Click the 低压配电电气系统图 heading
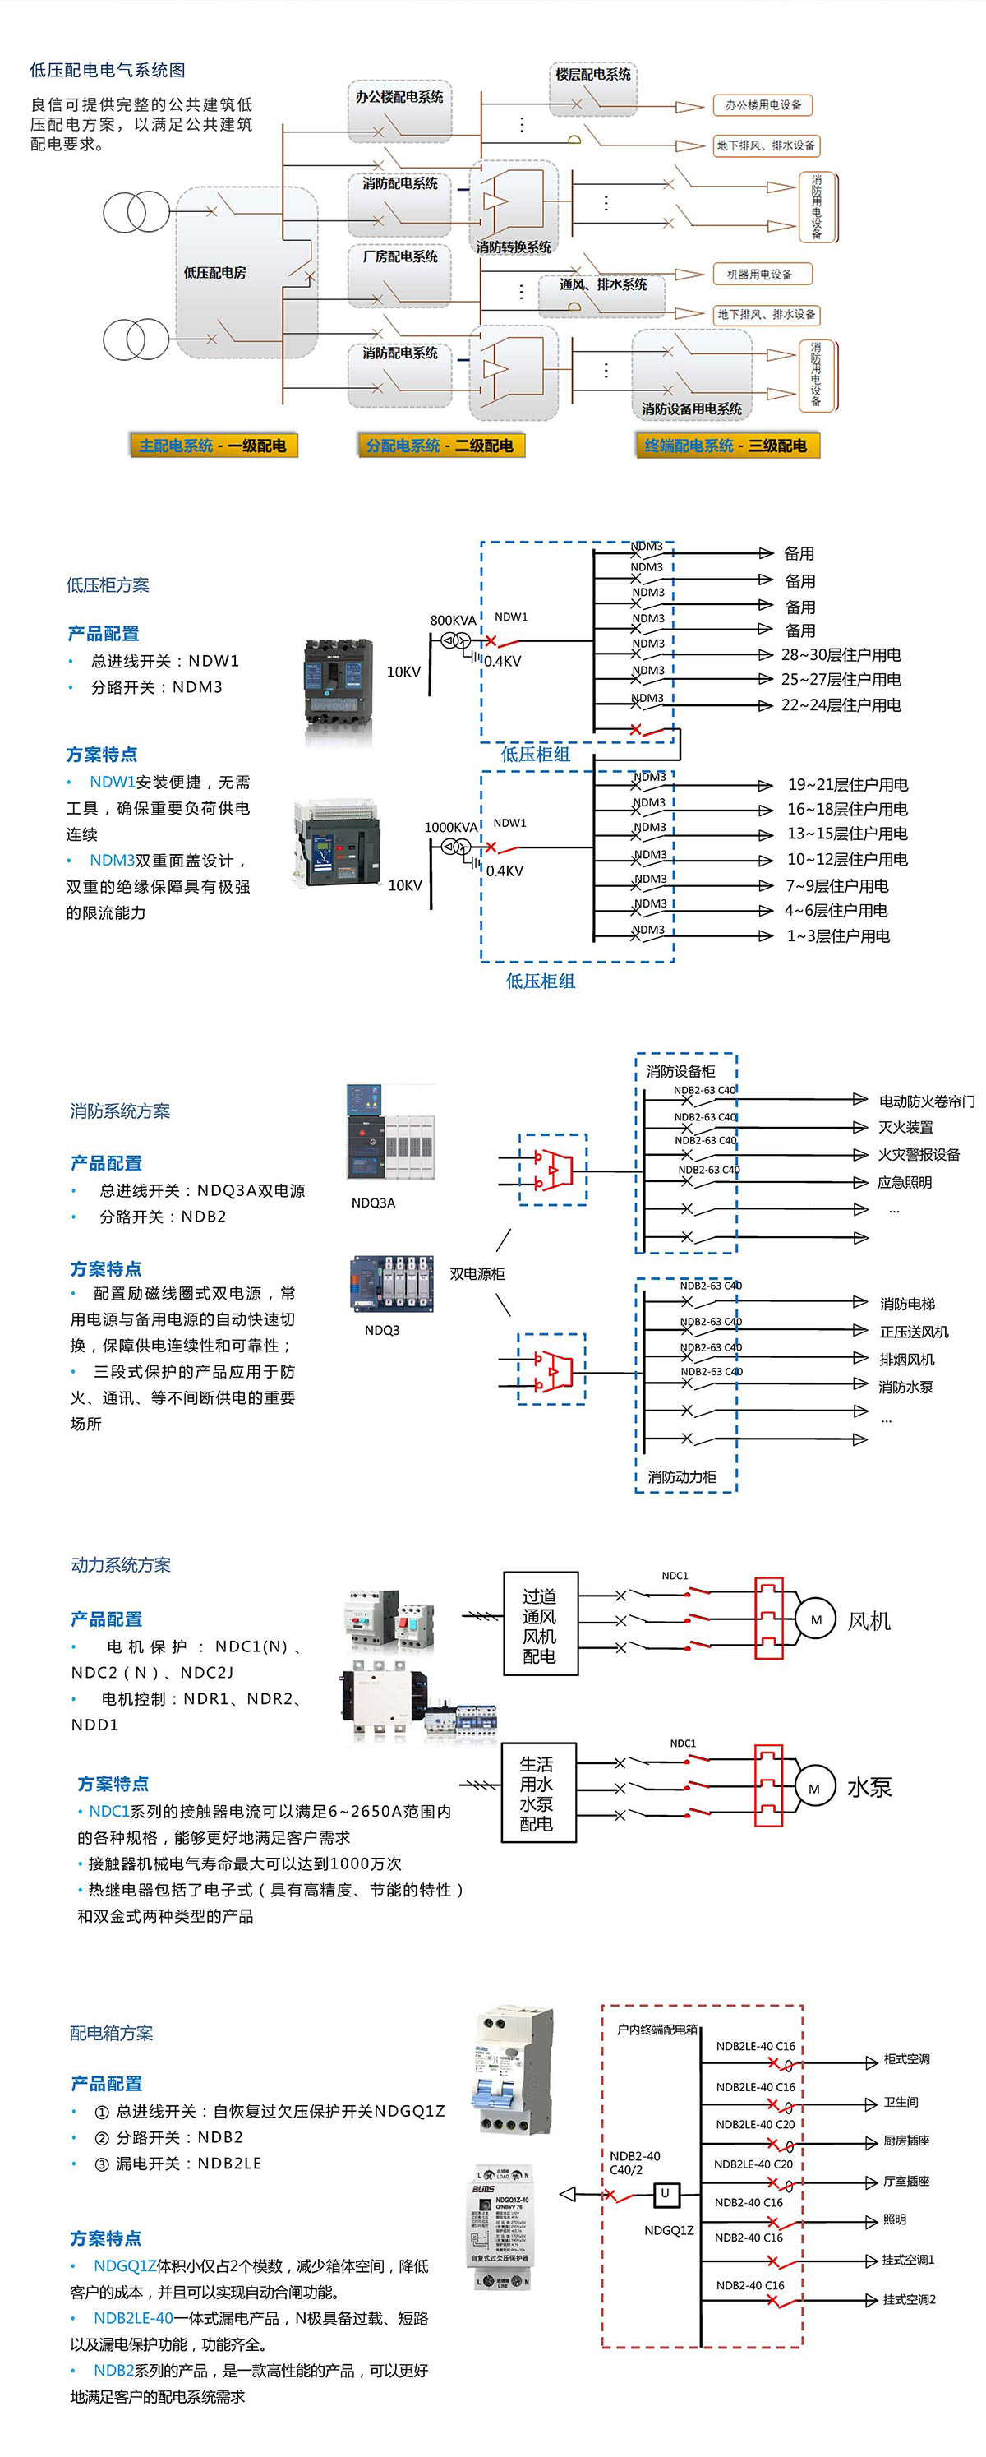point(108,70)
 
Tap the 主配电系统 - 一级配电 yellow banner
point(213,446)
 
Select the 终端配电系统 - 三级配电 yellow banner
point(726,446)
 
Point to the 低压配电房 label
point(214,273)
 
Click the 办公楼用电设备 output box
point(763,105)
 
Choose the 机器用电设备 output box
point(759,274)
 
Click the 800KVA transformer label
point(452,620)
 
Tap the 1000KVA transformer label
point(450,827)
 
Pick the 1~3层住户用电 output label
point(837,935)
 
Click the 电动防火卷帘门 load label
point(926,1101)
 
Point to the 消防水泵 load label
point(905,1387)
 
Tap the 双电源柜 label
point(477,1273)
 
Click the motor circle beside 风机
point(815,1619)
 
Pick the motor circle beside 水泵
point(813,1789)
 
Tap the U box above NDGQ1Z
point(665,2194)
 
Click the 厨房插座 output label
point(906,2141)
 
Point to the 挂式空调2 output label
point(908,2300)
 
